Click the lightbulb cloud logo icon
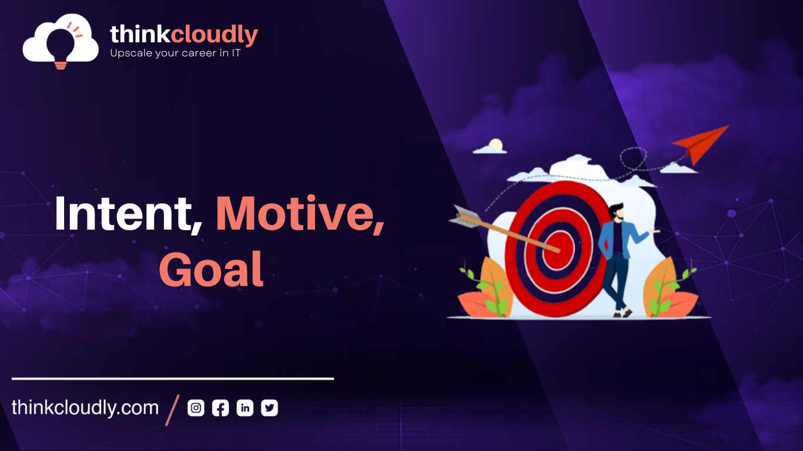pos(61,40)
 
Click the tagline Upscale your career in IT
pos(175,53)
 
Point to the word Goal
pos(211,270)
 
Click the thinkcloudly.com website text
pos(85,408)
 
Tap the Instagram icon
pos(196,408)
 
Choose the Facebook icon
pos(220,408)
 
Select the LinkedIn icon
pos(245,408)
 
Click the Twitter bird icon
pos(269,408)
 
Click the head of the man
pos(615,212)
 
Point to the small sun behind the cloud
pos(496,144)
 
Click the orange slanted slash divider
pos(172,409)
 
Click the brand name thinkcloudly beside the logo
pos(184,35)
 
